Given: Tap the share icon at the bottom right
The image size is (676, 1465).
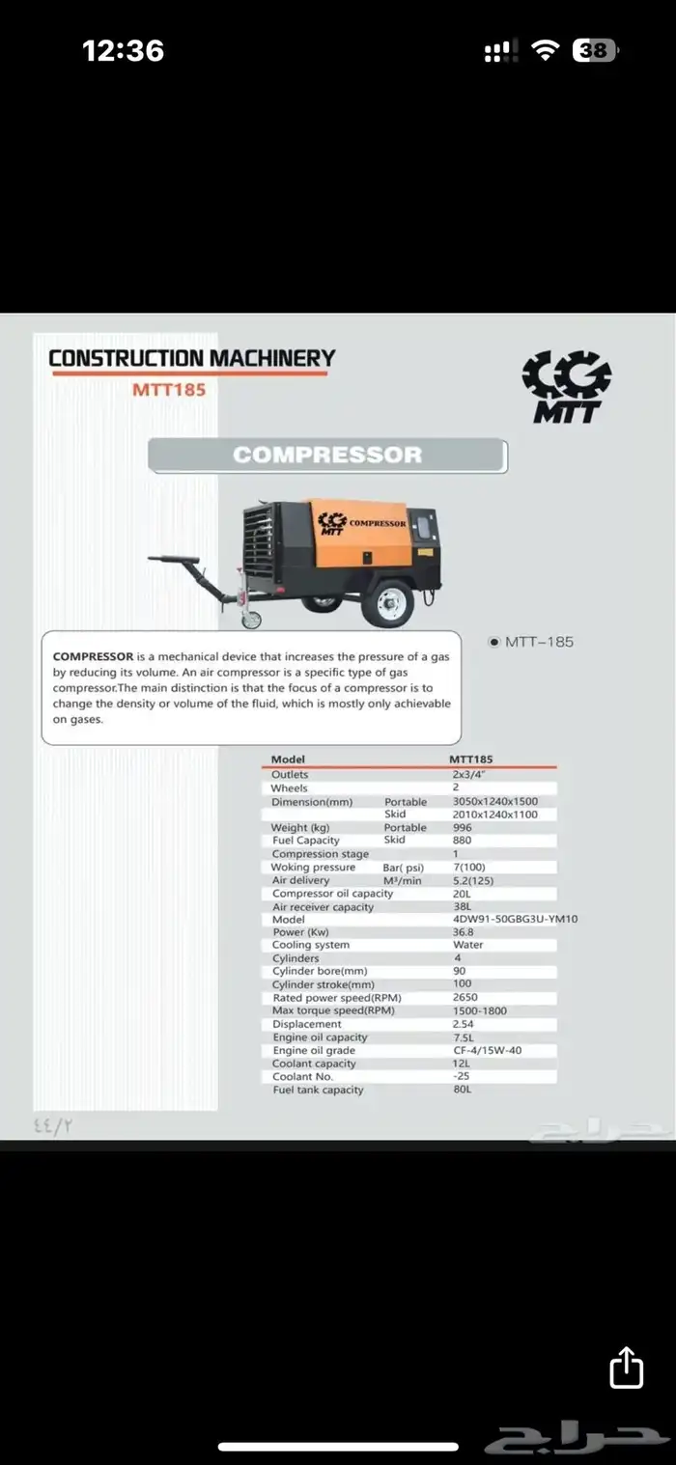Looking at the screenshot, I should [x=627, y=1368].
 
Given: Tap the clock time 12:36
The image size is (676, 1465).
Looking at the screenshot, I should [x=123, y=50].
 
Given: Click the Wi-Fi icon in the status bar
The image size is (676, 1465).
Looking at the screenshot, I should [x=548, y=50].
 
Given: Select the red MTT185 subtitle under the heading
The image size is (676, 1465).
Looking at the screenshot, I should [x=169, y=391].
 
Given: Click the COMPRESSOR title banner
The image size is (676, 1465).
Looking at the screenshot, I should [x=327, y=456].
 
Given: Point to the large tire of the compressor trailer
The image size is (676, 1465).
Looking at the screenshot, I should [x=391, y=604].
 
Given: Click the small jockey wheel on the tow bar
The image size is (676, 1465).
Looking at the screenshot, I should [x=250, y=619].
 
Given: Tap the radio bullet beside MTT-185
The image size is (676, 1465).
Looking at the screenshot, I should [x=494, y=641].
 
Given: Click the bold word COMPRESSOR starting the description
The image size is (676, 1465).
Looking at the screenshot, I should [x=93, y=656].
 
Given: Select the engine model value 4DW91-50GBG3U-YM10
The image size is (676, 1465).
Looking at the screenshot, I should [x=515, y=919].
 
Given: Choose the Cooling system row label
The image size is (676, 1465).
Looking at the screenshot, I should [x=310, y=945].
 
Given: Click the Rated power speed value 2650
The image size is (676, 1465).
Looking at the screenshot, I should [x=465, y=997].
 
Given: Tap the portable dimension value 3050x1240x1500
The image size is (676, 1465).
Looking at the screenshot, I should [x=494, y=801].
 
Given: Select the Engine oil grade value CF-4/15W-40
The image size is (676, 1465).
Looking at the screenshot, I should [x=487, y=1050].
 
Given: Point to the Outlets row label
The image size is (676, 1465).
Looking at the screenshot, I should [x=290, y=774].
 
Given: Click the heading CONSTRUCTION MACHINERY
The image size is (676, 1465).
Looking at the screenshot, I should [x=191, y=358].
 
